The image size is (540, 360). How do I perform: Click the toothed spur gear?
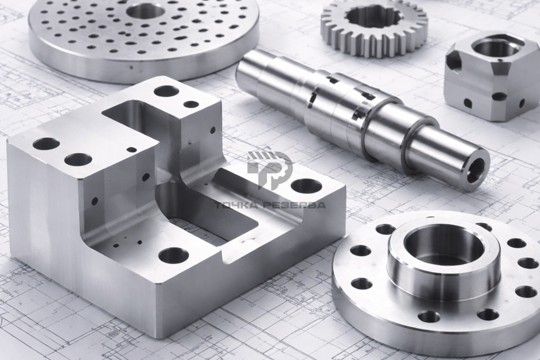pyautogui.click(x=374, y=27)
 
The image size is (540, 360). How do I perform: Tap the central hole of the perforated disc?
pyautogui.click(x=145, y=12)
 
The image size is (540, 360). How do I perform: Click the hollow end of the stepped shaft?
pyautogui.click(x=477, y=169)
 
